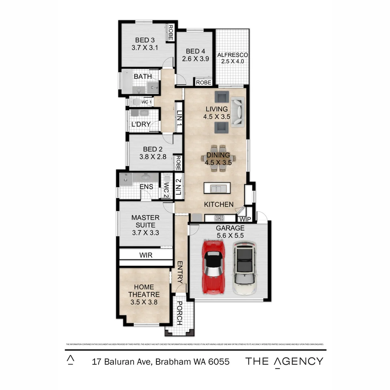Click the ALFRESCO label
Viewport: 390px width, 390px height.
coord(233,55)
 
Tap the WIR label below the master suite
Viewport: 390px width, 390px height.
coord(146,255)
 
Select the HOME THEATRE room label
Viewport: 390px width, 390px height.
coord(143,291)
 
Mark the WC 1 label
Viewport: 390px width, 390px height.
coord(146,102)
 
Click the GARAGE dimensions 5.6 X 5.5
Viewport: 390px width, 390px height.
coord(230,235)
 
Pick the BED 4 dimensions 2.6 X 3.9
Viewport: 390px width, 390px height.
coord(195,59)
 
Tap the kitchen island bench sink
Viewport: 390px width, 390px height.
coord(217,188)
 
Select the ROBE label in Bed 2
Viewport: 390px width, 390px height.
coord(178,163)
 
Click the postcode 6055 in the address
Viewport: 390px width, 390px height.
coord(218,361)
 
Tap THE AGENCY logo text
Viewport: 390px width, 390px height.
coord(285,361)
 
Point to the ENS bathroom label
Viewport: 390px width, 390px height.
coord(146,187)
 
